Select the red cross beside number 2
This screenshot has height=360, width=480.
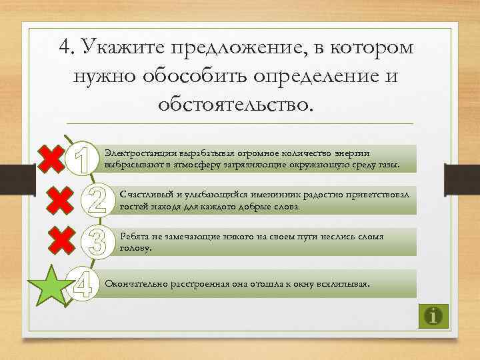61,199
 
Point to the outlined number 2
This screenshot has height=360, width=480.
97,199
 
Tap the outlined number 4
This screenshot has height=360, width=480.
83,285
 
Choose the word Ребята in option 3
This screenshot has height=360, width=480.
131,237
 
